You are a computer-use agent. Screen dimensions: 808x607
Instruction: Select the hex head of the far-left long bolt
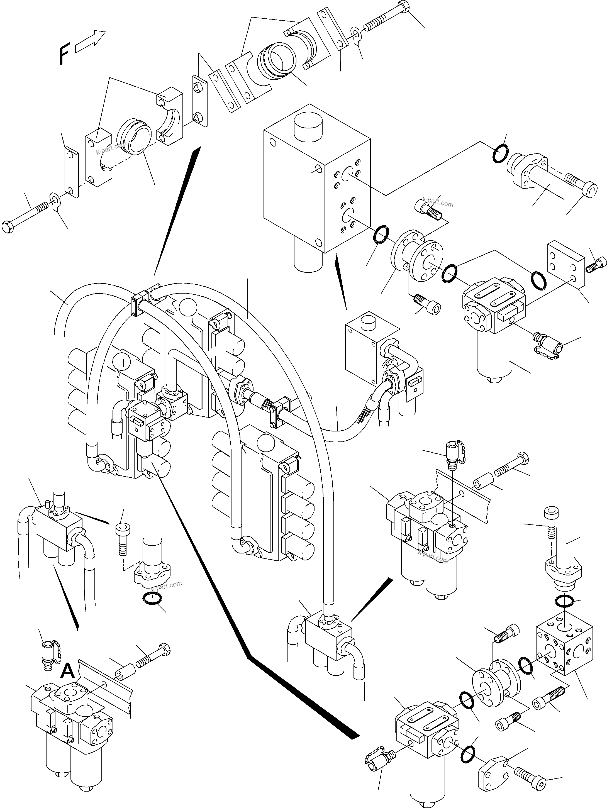point(8,226)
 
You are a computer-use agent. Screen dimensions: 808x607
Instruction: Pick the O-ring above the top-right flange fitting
point(500,154)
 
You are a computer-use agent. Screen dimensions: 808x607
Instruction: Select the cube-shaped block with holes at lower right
point(564,651)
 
